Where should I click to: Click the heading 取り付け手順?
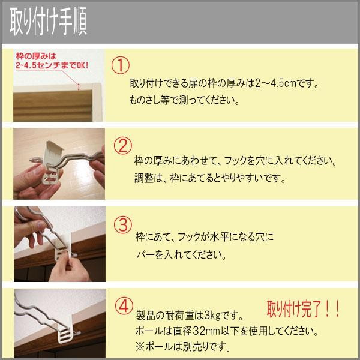(x=48, y=21)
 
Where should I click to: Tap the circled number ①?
(x=121, y=65)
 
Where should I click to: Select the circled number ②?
(x=123, y=146)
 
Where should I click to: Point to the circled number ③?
(x=123, y=225)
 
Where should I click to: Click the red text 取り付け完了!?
(x=303, y=309)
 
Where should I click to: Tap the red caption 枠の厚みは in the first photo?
(x=36, y=56)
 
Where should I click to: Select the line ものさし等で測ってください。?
(x=184, y=100)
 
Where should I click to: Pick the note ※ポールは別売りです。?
(x=183, y=347)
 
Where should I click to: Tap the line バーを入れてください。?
(x=181, y=255)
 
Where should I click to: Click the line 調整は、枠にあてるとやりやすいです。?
(x=210, y=178)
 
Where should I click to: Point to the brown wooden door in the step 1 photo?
(x=53, y=106)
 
